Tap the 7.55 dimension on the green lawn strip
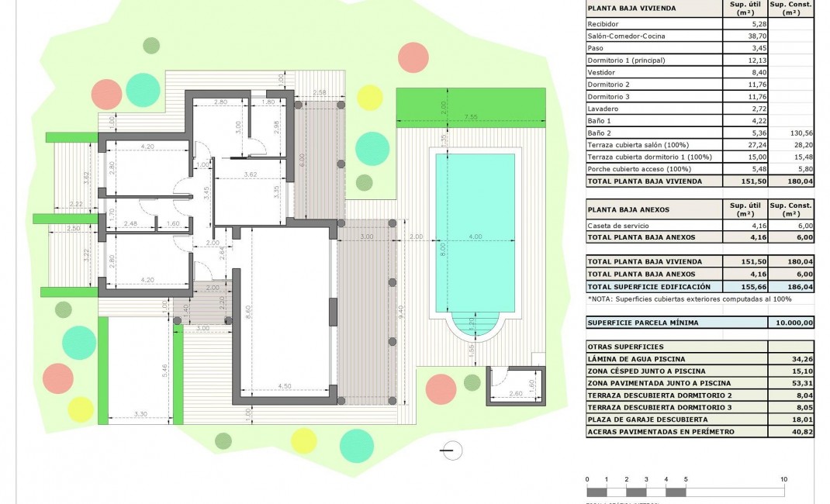point(471,117)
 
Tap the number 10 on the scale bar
point(783,479)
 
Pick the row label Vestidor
point(602,72)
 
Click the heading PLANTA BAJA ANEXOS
point(628,209)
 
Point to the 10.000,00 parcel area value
point(790,323)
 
